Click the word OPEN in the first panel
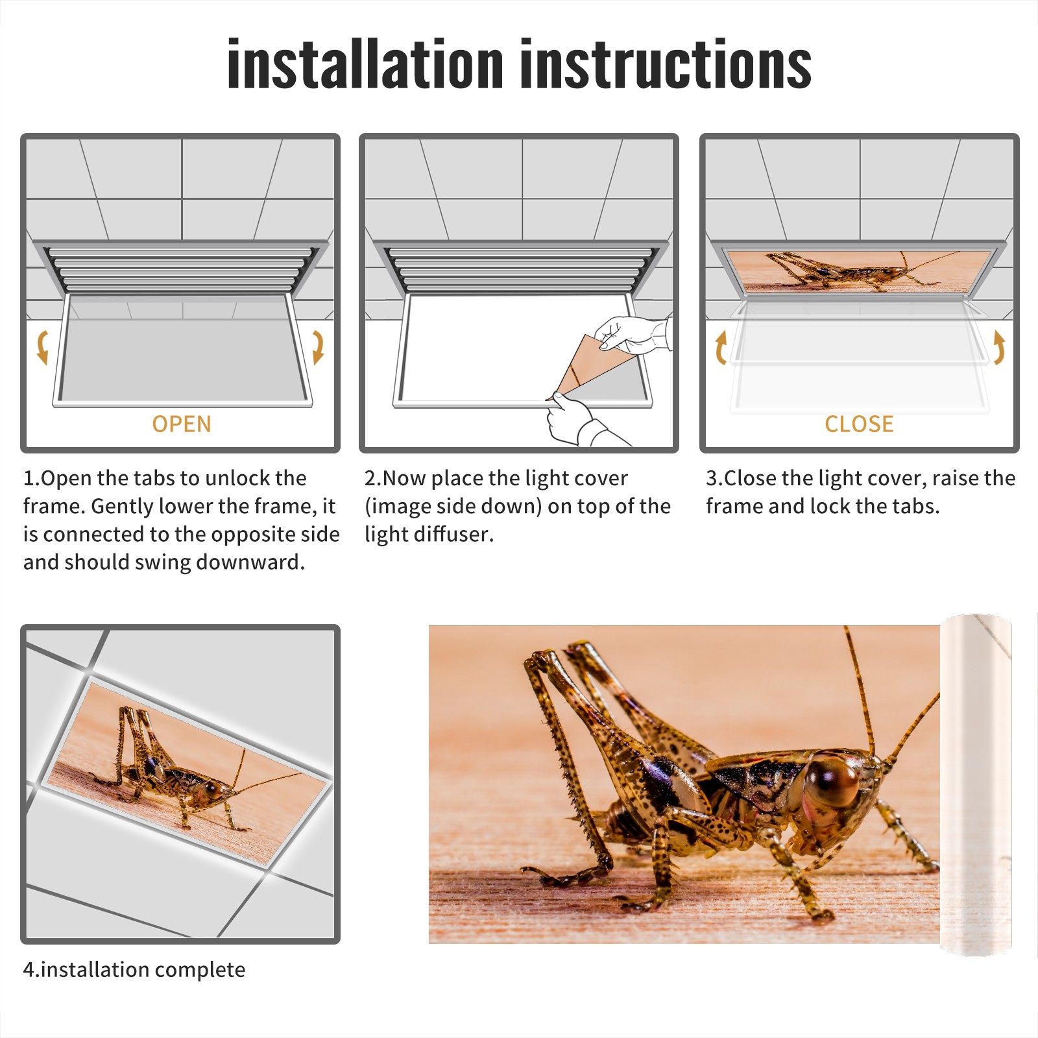pyautogui.click(x=182, y=424)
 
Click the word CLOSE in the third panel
pyautogui.click(x=859, y=424)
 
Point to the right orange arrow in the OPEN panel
pyautogui.click(x=318, y=347)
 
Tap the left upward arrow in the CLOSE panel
pyautogui.click(x=720, y=347)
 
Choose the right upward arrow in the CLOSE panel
pyautogui.click(x=999, y=347)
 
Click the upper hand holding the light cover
pyautogui.click(x=633, y=334)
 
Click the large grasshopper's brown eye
pyautogui.click(x=832, y=781)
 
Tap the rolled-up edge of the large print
pyautogui.click(x=976, y=785)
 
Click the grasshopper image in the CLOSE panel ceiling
pyautogui.click(x=859, y=271)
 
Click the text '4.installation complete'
pyautogui.click(x=134, y=970)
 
